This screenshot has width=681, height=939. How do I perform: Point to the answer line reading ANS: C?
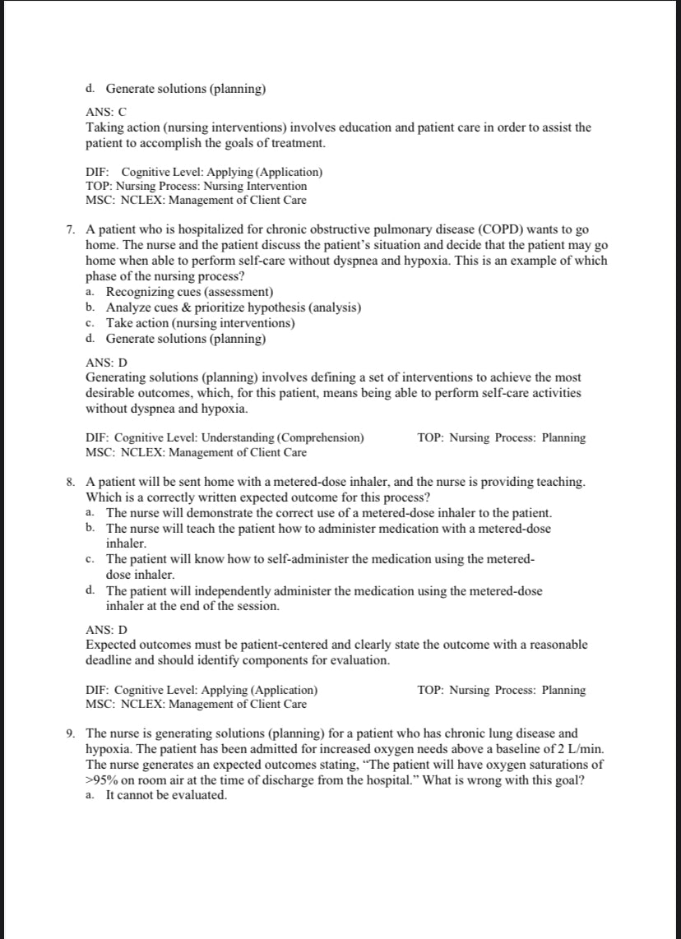(105, 113)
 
